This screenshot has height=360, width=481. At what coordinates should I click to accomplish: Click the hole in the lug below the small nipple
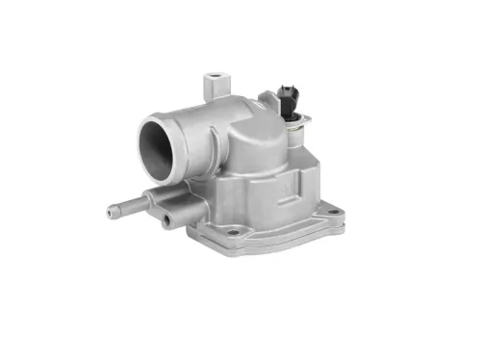click(165, 220)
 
